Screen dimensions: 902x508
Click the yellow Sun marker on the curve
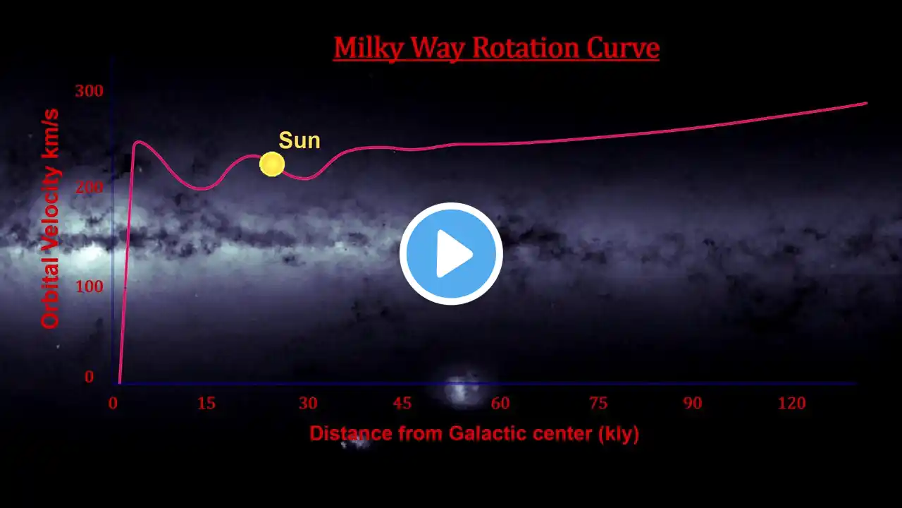(x=272, y=164)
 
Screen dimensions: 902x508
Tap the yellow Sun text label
(x=299, y=140)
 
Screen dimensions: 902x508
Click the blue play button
(x=451, y=253)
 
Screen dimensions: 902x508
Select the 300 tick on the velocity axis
(x=89, y=91)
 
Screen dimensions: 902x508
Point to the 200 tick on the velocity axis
(x=89, y=187)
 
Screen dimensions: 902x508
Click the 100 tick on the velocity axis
(x=89, y=286)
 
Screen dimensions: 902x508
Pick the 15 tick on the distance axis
(x=206, y=403)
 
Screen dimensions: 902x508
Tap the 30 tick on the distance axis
(x=308, y=403)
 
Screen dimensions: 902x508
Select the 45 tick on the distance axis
(x=402, y=403)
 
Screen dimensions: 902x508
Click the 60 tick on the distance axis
(x=500, y=403)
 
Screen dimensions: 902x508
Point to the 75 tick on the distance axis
(x=598, y=403)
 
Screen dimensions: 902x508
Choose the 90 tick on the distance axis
(x=693, y=403)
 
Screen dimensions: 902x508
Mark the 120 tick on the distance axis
(x=791, y=403)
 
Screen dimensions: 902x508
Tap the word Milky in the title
(x=368, y=49)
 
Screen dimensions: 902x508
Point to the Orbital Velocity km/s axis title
(x=50, y=219)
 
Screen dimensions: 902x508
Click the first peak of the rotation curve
(x=137, y=142)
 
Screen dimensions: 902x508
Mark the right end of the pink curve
(x=867, y=103)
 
